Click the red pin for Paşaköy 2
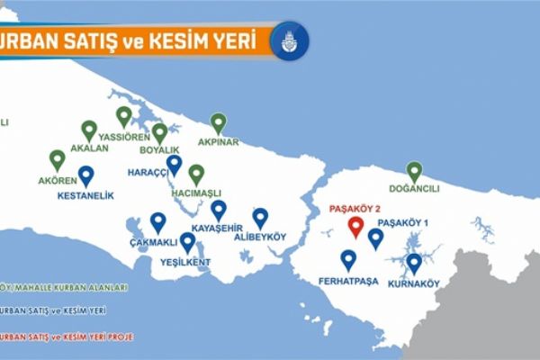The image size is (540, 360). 355,227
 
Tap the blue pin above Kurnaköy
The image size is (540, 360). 413,263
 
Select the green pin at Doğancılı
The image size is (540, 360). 414,170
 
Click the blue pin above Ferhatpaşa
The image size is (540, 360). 348,259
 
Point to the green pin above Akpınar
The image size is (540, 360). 218,122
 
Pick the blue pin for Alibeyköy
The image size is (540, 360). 260,217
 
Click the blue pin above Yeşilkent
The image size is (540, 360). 187,242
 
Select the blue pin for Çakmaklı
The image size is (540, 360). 158,221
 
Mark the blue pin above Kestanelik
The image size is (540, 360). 85,175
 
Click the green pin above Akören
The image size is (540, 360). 58,160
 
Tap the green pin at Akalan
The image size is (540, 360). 88,130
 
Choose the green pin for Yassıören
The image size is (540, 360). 124,116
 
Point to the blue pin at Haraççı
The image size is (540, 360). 175,165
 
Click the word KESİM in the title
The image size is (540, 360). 186,41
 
